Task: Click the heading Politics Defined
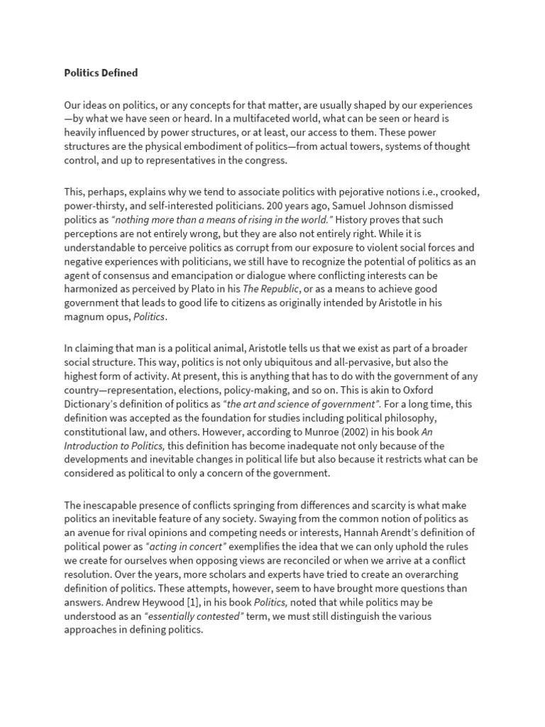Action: click(101, 72)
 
